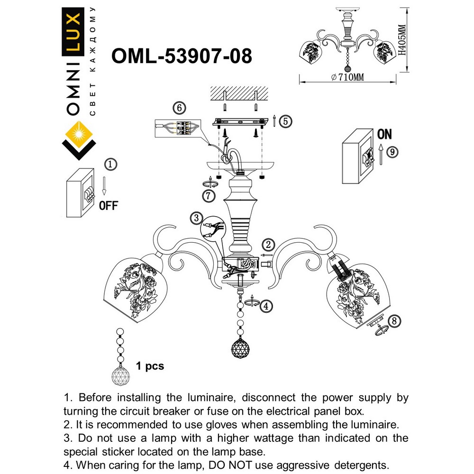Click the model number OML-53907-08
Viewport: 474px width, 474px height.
tap(181, 56)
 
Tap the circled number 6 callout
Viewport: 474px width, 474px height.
tap(179, 108)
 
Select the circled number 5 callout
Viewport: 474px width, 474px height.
tap(284, 121)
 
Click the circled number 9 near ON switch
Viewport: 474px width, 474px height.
tap(392, 153)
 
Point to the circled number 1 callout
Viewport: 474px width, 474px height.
tap(109, 164)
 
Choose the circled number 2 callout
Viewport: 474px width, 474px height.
tap(268, 245)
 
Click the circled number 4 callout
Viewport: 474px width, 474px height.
tap(267, 306)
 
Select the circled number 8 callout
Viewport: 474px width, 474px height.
tap(393, 321)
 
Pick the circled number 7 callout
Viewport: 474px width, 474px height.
tap(209, 195)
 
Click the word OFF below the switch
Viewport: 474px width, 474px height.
tap(109, 205)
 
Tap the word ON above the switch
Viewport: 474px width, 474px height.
tap(384, 135)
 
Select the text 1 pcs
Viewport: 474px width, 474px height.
tap(150, 366)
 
